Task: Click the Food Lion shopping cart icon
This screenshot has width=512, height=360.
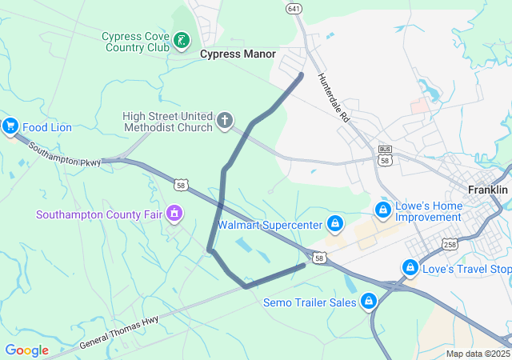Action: (10, 126)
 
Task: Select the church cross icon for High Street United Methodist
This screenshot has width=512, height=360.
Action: (225, 122)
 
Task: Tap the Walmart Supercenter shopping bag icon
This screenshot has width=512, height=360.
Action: (336, 223)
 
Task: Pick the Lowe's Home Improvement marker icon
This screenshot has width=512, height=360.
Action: (383, 210)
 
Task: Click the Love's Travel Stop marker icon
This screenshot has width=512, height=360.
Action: (410, 267)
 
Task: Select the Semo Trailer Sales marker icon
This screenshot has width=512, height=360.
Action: (369, 302)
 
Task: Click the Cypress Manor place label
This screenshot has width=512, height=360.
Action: (238, 54)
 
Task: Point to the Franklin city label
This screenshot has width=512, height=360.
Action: (488, 190)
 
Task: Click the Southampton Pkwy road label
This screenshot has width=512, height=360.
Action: (65, 154)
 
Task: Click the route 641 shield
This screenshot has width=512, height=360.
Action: (294, 8)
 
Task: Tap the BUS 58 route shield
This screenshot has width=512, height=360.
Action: (386, 156)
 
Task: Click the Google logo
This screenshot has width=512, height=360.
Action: (26, 350)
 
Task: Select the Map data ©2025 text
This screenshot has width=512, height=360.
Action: (477, 354)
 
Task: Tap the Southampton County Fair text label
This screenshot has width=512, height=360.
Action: (98, 214)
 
